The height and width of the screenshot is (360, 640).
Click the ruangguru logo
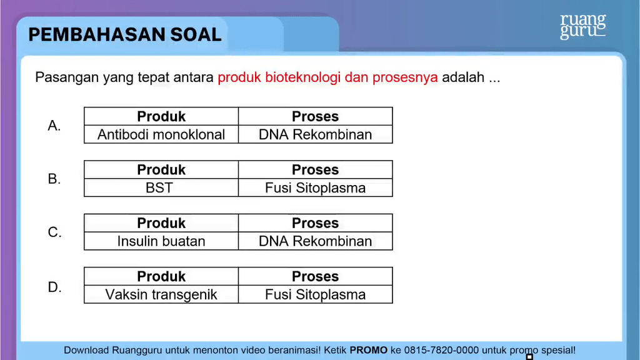click(x=583, y=26)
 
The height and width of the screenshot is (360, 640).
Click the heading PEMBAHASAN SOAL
click(x=125, y=35)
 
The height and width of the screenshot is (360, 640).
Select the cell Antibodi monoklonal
click(x=161, y=134)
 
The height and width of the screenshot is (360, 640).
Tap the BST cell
click(x=161, y=187)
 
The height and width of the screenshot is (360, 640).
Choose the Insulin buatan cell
click(x=161, y=241)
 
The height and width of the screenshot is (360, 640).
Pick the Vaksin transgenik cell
click(x=161, y=294)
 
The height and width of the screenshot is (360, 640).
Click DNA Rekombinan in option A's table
click(x=316, y=134)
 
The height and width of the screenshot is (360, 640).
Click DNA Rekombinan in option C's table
click(x=316, y=241)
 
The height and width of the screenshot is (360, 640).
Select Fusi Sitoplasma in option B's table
click(x=316, y=187)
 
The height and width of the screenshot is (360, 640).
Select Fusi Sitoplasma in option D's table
click(x=316, y=294)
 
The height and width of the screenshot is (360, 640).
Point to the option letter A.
click(x=54, y=126)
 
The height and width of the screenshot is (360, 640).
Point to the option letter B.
click(x=54, y=179)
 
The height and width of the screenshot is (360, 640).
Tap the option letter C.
click(x=54, y=232)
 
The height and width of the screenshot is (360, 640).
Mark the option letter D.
click(x=54, y=287)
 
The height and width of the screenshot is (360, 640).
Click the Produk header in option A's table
click(x=161, y=116)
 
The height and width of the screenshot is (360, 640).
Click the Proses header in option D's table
click(x=316, y=276)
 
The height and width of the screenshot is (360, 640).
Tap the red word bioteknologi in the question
click(x=302, y=77)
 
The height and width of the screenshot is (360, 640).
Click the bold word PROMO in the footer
click(x=369, y=350)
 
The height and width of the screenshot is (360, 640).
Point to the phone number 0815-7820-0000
click(x=441, y=350)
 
